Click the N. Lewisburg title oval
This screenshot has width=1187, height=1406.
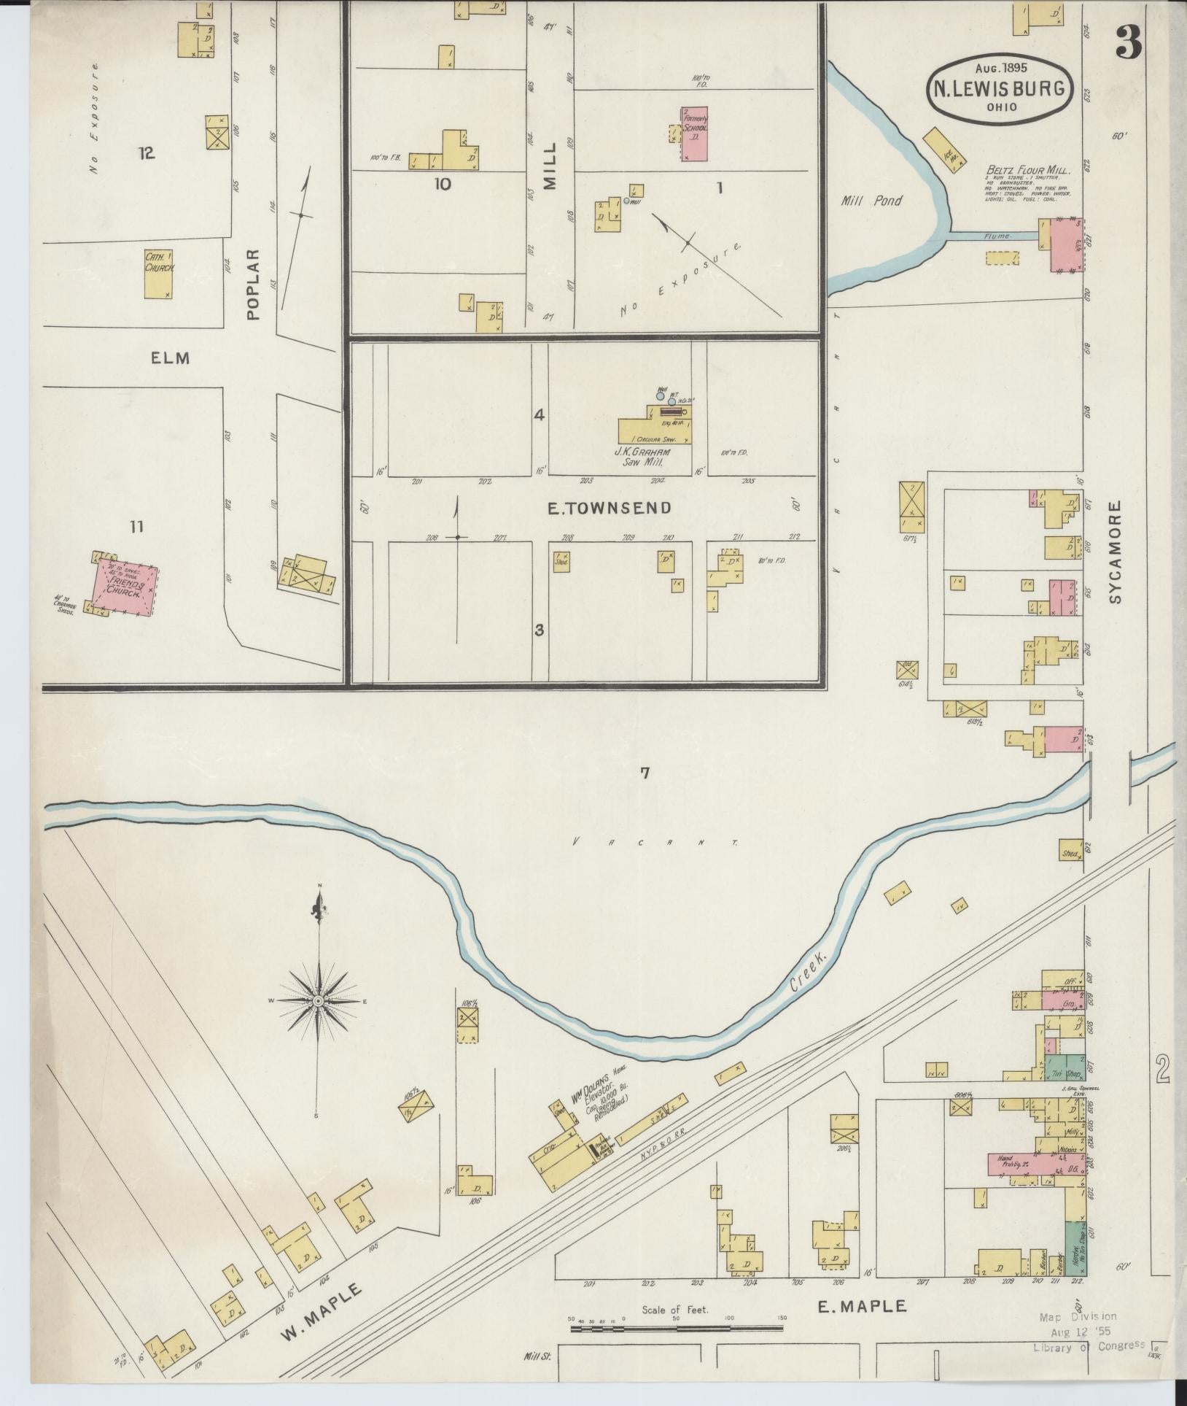1000,88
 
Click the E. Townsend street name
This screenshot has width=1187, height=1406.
610,508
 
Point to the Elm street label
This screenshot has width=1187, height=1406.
171,358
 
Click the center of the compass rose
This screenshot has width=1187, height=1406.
319,1001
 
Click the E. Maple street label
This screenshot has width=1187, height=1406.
862,1305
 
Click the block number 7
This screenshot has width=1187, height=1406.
645,774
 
